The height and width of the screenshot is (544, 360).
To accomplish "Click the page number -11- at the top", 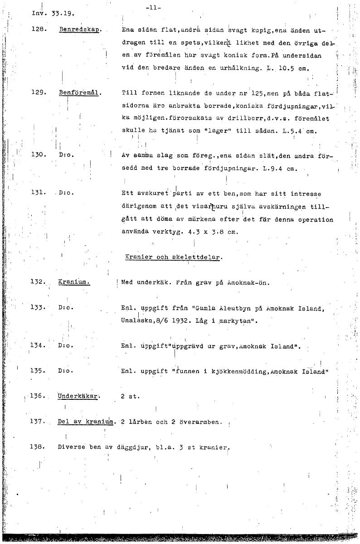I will click(x=154, y=8).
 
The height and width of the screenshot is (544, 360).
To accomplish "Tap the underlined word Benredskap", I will click(x=80, y=30).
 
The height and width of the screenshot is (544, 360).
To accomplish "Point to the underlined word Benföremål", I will click(x=80, y=93).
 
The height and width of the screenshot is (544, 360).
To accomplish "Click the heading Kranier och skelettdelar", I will click(x=173, y=257).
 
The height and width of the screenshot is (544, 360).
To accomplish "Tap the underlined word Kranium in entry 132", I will click(x=73, y=282).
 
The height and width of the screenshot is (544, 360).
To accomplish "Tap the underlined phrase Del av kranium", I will click(x=85, y=422).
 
